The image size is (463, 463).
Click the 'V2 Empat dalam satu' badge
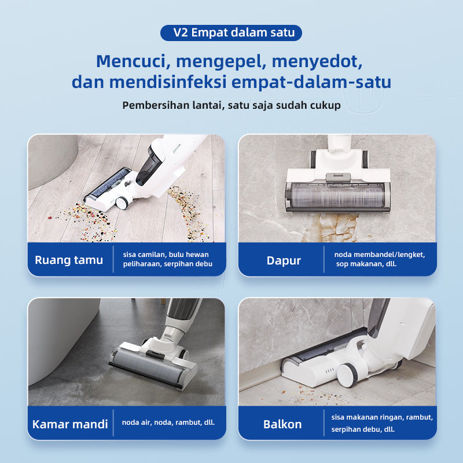pos(231,33)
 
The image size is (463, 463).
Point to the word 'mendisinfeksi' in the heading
pos(168,82)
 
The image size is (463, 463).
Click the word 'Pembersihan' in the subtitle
pos(156,105)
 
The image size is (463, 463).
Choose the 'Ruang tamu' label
pos(69,260)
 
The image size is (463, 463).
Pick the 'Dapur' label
pos(284,261)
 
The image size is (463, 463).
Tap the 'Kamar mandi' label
pos(70,424)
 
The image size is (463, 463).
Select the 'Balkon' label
pos(282,424)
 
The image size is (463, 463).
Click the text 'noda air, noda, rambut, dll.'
pos(168,422)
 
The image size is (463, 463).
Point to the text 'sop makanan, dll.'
pos(366,264)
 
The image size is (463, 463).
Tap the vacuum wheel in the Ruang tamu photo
pos(122,203)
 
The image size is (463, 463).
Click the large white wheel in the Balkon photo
pos(347,374)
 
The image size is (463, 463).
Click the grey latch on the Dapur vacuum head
pos(338,178)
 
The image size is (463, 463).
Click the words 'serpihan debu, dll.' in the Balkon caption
pos(363,429)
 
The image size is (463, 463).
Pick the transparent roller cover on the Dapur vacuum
pos(337,196)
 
